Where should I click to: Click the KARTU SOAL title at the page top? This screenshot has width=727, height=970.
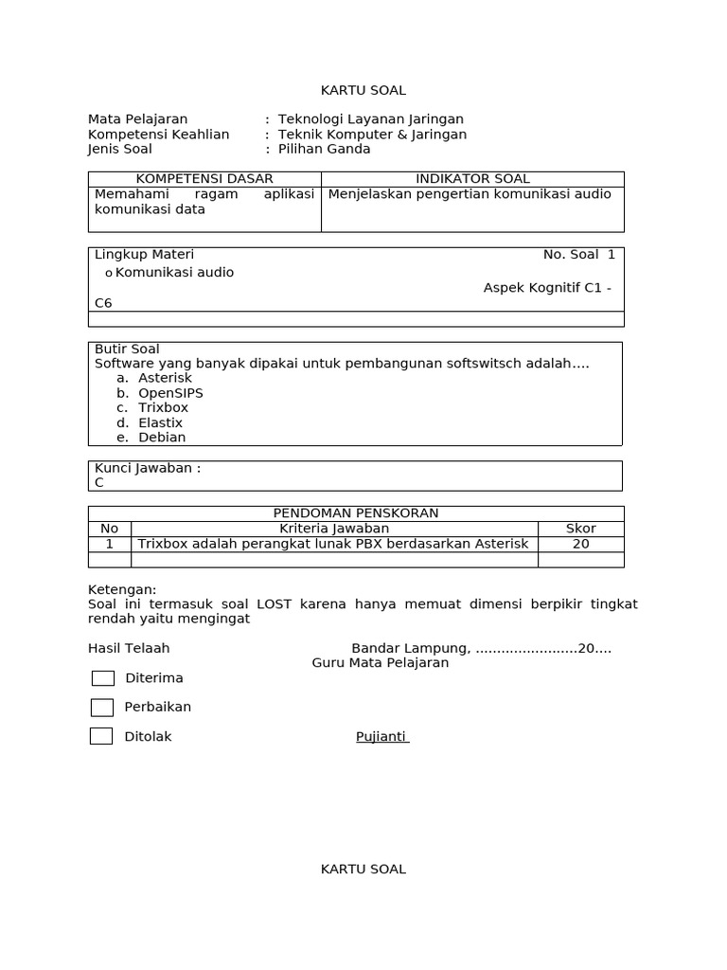coord(363,90)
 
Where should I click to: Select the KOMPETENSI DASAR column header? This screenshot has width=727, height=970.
coord(204,179)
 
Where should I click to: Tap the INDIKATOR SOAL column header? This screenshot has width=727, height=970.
coord(472,179)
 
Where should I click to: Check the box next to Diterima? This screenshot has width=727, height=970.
coord(102,678)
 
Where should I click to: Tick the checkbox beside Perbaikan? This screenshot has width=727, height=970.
coord(102,708)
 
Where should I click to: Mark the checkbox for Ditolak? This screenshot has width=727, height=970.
coord(101,736)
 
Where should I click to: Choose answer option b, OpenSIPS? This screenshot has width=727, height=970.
coord(170,393)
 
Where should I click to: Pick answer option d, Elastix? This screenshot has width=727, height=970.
coord(160,422)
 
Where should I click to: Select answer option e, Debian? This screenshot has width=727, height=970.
coord(162,438)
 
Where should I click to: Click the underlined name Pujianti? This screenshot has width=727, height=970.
coord(381,737)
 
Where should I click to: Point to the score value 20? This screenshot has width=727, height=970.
coord(580,544)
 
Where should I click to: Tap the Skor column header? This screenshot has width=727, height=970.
coord(580,529)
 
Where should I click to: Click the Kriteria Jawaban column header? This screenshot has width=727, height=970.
coord(333,529)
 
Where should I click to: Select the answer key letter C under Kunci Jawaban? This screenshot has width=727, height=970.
coord(99,482)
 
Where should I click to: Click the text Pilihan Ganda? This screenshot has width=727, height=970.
coord(324,149)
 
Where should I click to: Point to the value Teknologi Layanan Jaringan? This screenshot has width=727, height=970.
coord(370,119)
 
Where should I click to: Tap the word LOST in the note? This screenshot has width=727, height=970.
coord(274,603)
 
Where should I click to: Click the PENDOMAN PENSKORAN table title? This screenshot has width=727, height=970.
coord(356,513)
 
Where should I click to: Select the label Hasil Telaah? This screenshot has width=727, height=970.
coord(129,649)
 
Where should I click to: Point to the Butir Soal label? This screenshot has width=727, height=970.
coord(127,350)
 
